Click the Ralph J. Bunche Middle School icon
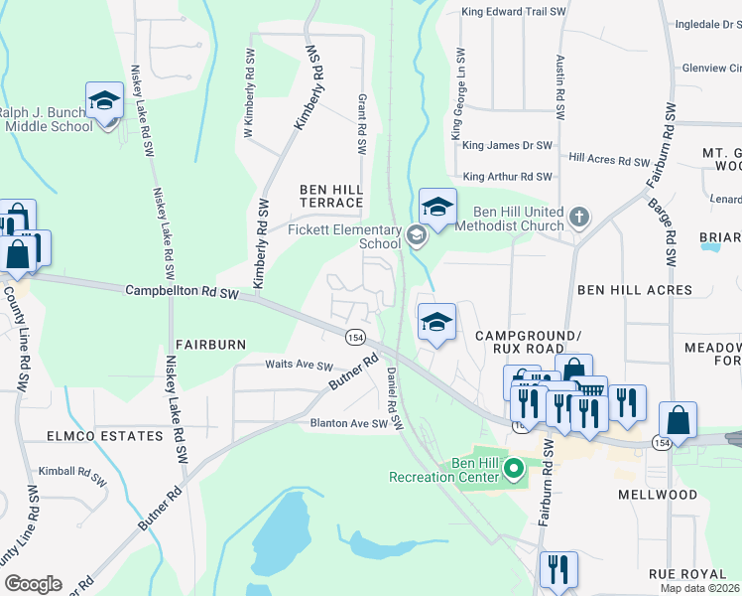(104, 101)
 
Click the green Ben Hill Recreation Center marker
(514, 468)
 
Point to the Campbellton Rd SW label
(183, 292)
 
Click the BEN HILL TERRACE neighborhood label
(332, 196)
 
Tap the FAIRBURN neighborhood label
(209, 344)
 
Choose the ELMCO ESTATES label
(103, 436)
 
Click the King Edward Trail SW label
(514, 13)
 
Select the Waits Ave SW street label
(299, 366)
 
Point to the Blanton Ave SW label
(344, 424)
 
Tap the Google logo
(33, 584)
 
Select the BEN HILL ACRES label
(635, 290)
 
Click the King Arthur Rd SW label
(507, 177)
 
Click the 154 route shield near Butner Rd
(356, 337)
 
